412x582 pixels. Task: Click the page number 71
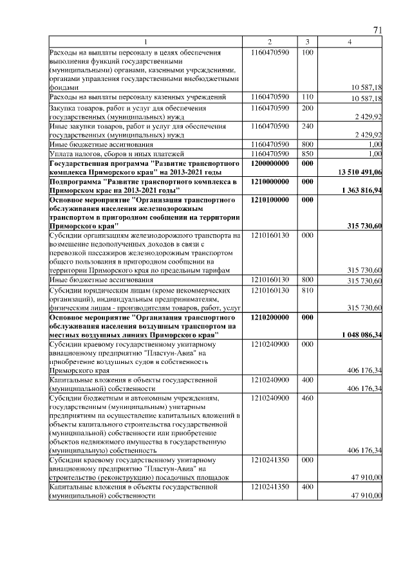click(x=378, y=31)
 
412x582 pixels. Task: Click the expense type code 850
click(x=307, y=154)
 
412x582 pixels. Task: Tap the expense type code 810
click(x=307, y=290)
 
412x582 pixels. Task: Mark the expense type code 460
click(x=307, y=398)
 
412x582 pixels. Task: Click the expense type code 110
click(x=307, y=96)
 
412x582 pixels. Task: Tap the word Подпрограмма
click(x=77, y=183)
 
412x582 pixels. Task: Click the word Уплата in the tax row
click(x=62, y=154)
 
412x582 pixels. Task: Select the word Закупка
click(x=65, y=107)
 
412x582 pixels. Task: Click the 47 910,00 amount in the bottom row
click(x=367, y=496)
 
